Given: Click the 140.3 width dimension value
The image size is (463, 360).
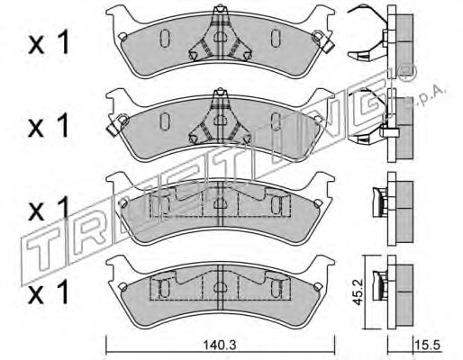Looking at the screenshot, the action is click(220, 345).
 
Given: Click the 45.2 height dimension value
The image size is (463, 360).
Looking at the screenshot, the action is click(358, 292).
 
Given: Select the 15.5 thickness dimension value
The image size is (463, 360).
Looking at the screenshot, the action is click(427, 345).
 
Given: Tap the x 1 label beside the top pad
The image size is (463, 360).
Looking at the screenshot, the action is click(49, 43).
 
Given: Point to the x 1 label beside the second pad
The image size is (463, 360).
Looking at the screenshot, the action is click(49, 126).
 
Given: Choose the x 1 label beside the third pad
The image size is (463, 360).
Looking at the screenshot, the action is click(49, 209).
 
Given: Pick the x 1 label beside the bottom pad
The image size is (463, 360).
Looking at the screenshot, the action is click(49, 292).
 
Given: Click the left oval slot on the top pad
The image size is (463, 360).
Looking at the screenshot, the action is click(165, 38).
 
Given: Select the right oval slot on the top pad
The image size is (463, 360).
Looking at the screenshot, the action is click(276, 38).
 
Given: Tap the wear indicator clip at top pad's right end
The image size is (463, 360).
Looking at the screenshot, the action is click(322, 40).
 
